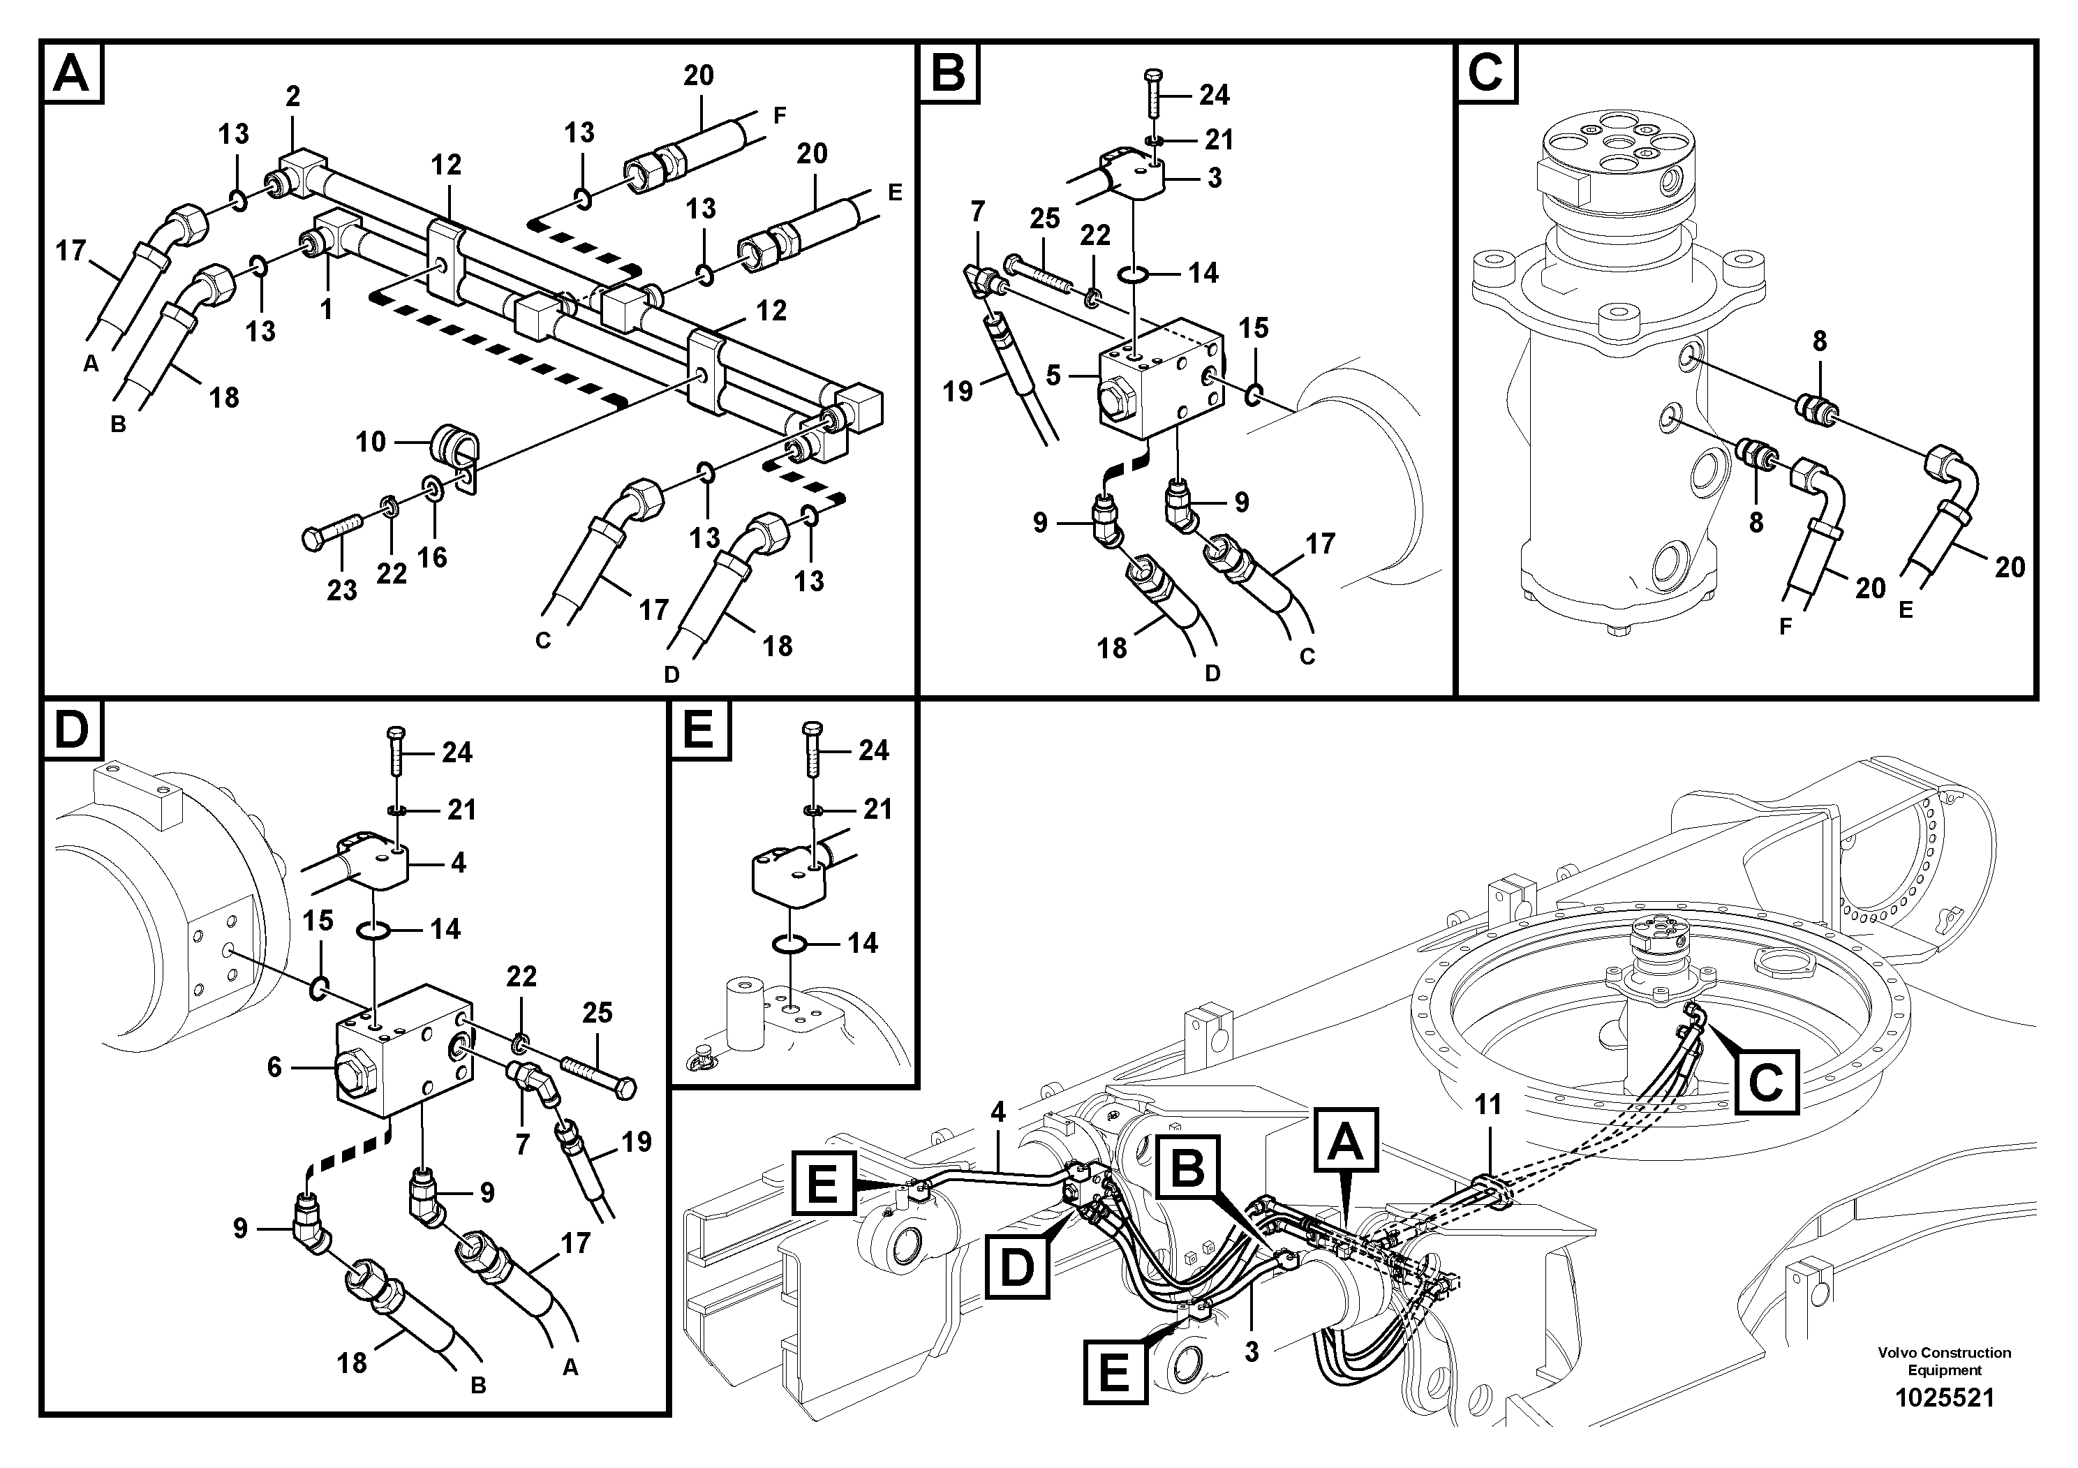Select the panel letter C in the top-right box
coord(1485,73)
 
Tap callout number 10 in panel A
coord(370,442)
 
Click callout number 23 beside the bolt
coord(341,590)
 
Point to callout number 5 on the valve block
coord(1053,375)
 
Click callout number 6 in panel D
coord(274,1067)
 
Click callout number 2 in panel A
coord(292,96)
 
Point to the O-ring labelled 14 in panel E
coord(790,944)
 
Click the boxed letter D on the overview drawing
coord(1017,1266)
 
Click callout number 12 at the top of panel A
coord(446,165)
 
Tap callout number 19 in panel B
coord(957,391)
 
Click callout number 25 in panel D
coord(598,1012)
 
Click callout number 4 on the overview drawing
coord(997,1112)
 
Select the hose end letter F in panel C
coord(1785,626)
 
